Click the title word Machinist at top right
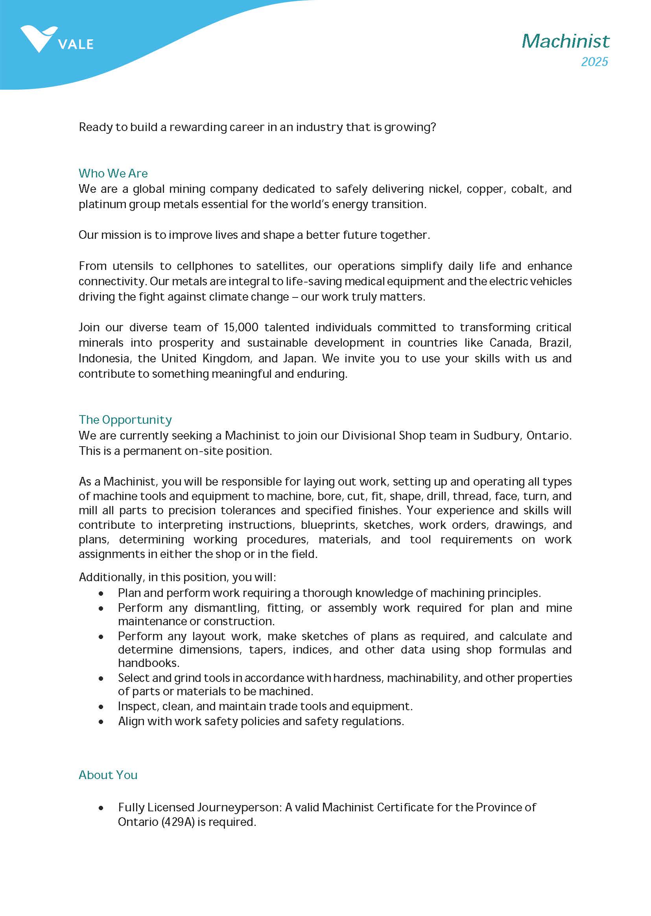[x=565, y=41]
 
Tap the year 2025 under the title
[x=594, y=62]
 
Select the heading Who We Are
[x=113, y=173]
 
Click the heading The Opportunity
[x=125, y=420]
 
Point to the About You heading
[x=108, y=775]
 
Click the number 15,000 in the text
[x=241, y=327]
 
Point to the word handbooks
[x=148, y=663]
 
